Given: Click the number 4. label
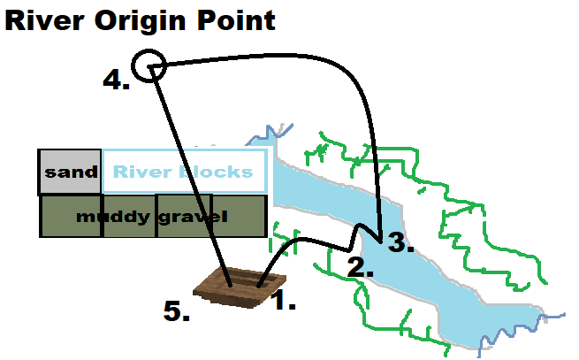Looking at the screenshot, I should tap(117, 80).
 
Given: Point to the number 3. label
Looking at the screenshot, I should tap(401, 244).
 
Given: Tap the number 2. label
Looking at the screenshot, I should tap(360, 267).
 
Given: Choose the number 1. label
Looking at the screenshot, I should tap(283, 302).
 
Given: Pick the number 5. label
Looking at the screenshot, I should tap(178, 311).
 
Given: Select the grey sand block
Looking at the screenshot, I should tap(70, 172).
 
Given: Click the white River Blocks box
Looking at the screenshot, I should tap(184, 172).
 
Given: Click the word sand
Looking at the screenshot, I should tap(71, 172).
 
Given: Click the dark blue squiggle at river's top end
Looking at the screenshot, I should tap(267, 134).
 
